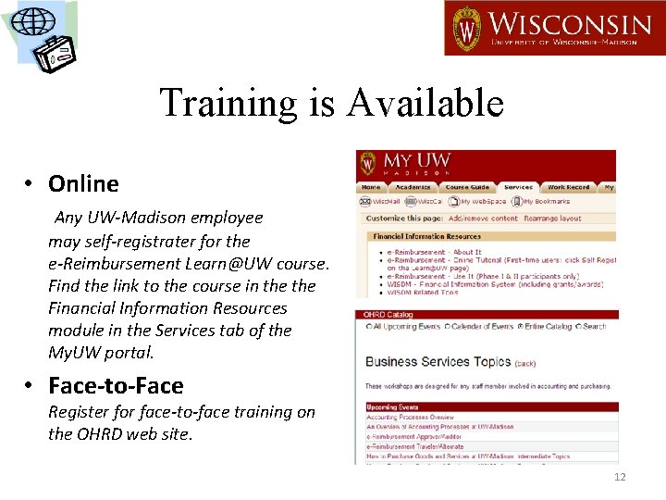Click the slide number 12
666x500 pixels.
tap(619, 478)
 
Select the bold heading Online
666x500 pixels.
tap(83, 183)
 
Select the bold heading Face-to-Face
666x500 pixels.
tap(116, 385)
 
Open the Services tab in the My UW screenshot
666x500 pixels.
tap(518, 187)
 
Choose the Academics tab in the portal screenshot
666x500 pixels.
tap(413, 187)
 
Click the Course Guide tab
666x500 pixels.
tap(467, 187)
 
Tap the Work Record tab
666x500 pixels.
tap(568, 187)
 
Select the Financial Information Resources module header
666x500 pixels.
tap(426, 236)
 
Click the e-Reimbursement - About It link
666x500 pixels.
tap(435, 252)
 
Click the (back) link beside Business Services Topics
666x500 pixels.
tap(524, 363)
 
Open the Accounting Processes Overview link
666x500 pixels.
tap(409, 418)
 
